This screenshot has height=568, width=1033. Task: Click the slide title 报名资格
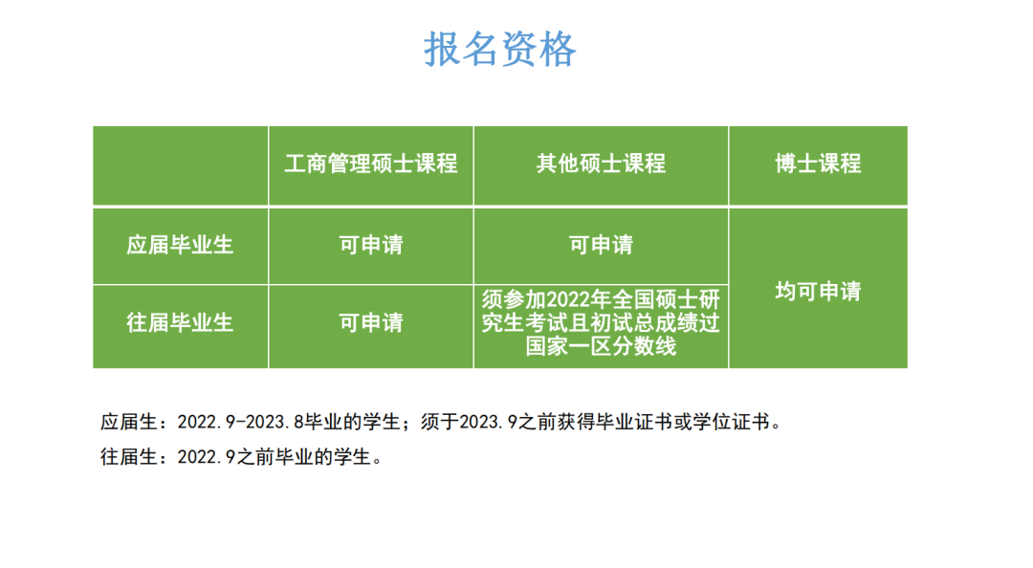(500, 49)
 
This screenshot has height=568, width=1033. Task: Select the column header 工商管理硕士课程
(371, 164)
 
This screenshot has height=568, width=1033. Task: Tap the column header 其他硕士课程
(601, 164)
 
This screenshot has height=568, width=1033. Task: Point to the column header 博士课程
(818, 164)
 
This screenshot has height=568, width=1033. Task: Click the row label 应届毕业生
(180, 245)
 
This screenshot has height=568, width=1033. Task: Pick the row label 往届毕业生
(180, 322)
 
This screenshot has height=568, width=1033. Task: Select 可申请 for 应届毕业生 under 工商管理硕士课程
(371, 245)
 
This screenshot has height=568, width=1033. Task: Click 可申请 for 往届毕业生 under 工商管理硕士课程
(371, 322)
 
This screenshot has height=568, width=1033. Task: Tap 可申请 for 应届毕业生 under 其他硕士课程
(601, 245)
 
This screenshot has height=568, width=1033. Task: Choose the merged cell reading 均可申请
(818, 291)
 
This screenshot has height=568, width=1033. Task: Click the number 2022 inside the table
(565, 301)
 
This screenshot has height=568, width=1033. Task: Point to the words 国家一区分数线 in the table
(601, 346)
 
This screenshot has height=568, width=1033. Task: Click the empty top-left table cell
(180, 164)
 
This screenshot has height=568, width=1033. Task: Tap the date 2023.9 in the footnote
(484, 422)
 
